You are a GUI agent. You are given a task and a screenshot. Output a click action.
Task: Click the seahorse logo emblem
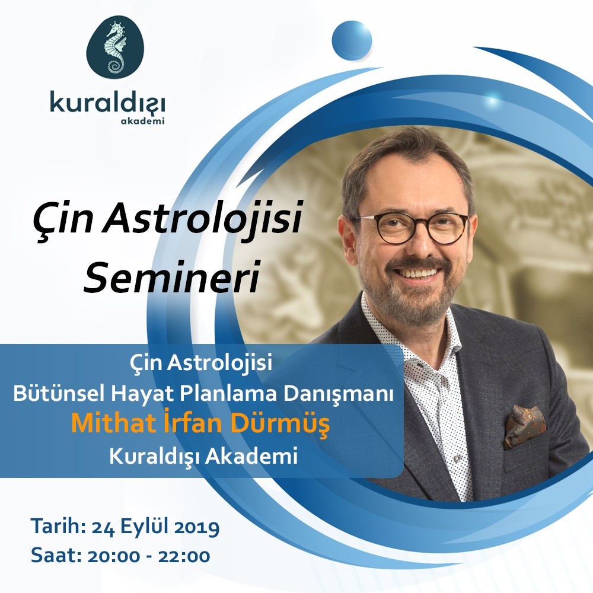[x=116, y=47]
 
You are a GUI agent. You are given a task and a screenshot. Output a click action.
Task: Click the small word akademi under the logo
[x=142, y=122]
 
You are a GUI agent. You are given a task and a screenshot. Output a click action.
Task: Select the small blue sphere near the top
[x=352, y=40]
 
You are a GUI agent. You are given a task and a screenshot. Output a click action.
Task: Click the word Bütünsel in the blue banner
[x=59, y=394]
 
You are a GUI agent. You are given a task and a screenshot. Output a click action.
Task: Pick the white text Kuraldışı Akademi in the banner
[x=203, y=456]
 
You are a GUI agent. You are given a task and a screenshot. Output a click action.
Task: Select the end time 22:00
[x=184, y=556]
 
